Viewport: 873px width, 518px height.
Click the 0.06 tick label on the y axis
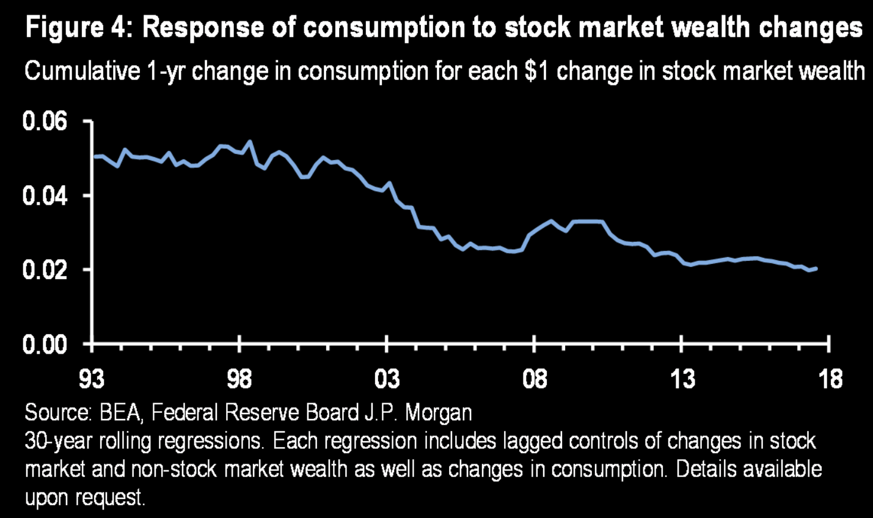(44, 122)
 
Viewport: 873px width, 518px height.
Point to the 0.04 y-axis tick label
(44, 196)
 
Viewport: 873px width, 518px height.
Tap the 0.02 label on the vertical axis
(44, 270)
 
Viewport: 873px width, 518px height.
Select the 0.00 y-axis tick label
(44, 345)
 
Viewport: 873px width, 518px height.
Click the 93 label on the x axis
(92, 379)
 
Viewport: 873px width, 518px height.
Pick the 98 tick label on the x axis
(239, 379)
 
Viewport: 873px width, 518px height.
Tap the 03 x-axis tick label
(387, 379)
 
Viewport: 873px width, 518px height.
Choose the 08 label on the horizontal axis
(535, 379)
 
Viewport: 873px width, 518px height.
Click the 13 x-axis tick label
(682, 379)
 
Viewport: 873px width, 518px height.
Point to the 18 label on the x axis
(829, 379)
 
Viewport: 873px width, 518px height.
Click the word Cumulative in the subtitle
(82, 71)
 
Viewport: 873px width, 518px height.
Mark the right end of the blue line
(817, 268)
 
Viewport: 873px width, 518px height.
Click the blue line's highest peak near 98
(249, 142)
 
